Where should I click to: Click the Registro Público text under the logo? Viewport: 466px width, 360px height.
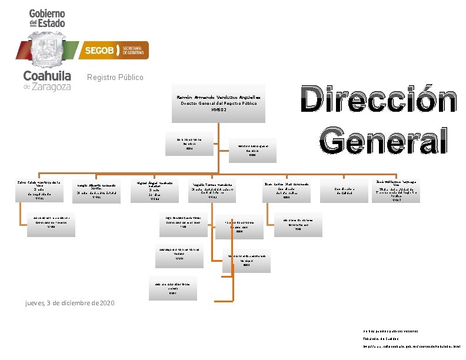click(x=115, y=78)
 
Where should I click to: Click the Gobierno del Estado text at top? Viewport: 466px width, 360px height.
click(x=47, y=18)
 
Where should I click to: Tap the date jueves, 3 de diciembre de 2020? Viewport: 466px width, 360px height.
click(x=70, y=303)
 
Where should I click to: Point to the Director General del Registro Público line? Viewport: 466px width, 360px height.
click(x=219, y=104)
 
